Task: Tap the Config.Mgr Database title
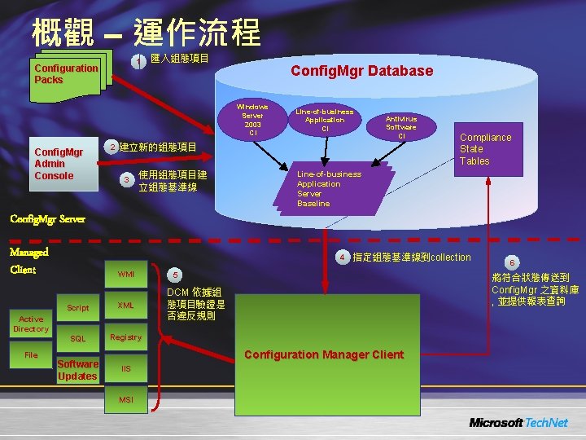pos(362,71)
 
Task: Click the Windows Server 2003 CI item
pos(252,119)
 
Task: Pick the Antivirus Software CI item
pos(400,126)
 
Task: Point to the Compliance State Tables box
pos(486,149)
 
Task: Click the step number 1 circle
pos(141,62)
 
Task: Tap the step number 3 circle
pos(125,180)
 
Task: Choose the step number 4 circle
pos(343,258)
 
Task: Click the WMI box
pos(126,274)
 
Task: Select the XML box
pos(126,306)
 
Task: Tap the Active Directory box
pos(31,324)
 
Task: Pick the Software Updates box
pos(78,370)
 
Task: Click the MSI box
pos(126,399)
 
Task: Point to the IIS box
pos(126,368)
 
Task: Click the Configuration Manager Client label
pos(323,354)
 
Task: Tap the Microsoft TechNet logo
pos(518,422)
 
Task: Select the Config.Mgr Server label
pos(46,219)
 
